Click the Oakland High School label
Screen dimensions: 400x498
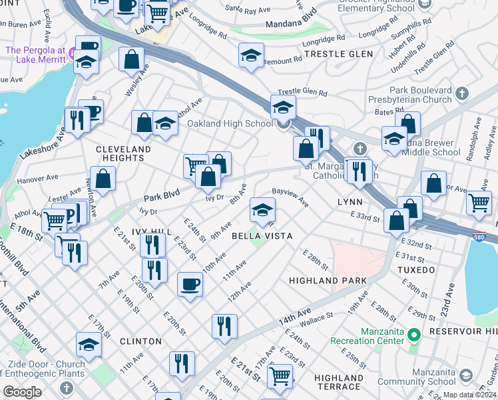click(229, 123)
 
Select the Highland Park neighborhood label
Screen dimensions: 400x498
click(323, 281)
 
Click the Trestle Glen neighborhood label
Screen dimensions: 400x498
click(334, 53)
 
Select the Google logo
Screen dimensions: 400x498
click(23, 391)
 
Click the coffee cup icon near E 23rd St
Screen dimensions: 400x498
click(190, 285)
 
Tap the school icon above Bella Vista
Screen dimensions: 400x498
click(263, 210)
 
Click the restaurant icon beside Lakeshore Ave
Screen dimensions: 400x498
click(77, 120)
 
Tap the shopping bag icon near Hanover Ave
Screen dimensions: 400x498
click(103, 179)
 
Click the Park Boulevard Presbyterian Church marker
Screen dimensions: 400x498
click(463, 93)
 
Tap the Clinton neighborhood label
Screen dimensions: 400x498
click(140, 341)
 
